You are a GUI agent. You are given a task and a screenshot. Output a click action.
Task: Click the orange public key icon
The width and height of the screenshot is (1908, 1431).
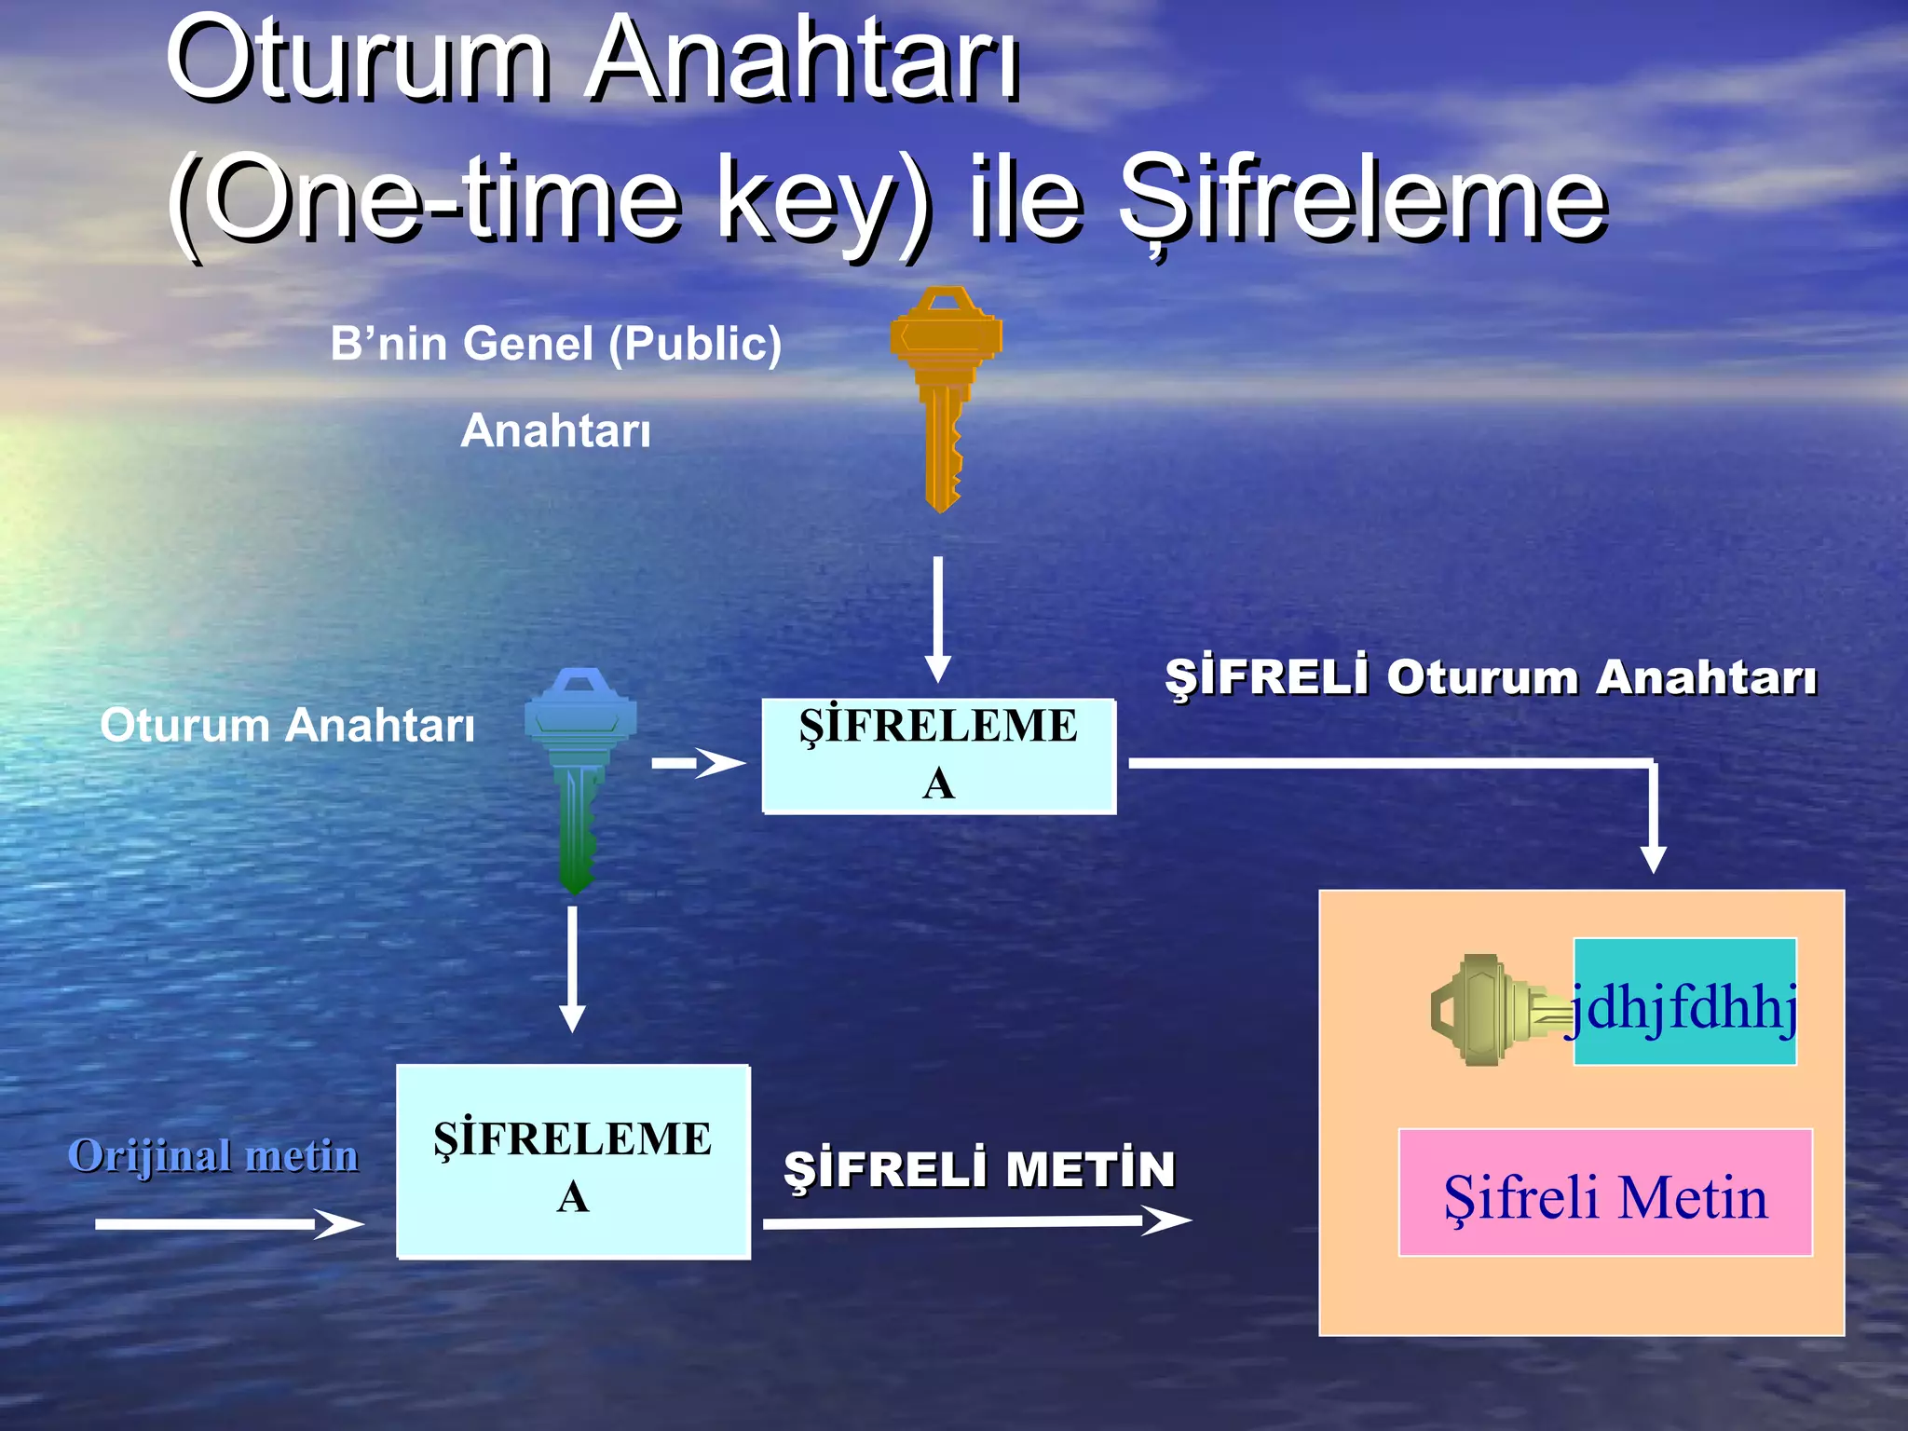click(945, 391)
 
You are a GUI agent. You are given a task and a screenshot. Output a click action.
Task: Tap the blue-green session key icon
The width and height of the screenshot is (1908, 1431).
click(579, 773)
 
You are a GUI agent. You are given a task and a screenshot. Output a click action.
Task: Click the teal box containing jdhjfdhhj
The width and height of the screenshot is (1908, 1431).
click(1684, 1001)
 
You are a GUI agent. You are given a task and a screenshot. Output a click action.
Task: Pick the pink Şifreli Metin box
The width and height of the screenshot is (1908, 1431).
click(1605, 1192)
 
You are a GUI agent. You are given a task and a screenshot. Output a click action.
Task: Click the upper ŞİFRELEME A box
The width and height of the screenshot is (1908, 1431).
click(938, 756)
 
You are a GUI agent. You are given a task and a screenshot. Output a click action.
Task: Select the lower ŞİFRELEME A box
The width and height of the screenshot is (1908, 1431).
click(573, 1162)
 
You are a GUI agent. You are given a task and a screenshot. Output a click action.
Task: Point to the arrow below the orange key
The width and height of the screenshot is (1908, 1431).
click(938, 620)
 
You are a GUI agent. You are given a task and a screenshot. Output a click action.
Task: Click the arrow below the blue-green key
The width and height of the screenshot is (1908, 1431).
click(572, 969)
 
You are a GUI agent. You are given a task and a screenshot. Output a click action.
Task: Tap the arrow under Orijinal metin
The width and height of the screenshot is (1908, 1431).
click(228, 1223)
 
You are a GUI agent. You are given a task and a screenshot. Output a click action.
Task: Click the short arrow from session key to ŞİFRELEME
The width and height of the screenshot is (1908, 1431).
click(699, 764)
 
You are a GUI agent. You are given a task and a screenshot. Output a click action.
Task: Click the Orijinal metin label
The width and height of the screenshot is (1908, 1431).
click(213, 1155)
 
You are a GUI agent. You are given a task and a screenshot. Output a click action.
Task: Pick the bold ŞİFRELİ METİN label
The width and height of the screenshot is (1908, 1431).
click(979, 1169)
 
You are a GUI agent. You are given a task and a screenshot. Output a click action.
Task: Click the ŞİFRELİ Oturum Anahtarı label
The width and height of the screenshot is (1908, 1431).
click(1490, 676)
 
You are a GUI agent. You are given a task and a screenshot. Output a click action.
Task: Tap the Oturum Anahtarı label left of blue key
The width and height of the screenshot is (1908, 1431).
click(287, 725)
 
